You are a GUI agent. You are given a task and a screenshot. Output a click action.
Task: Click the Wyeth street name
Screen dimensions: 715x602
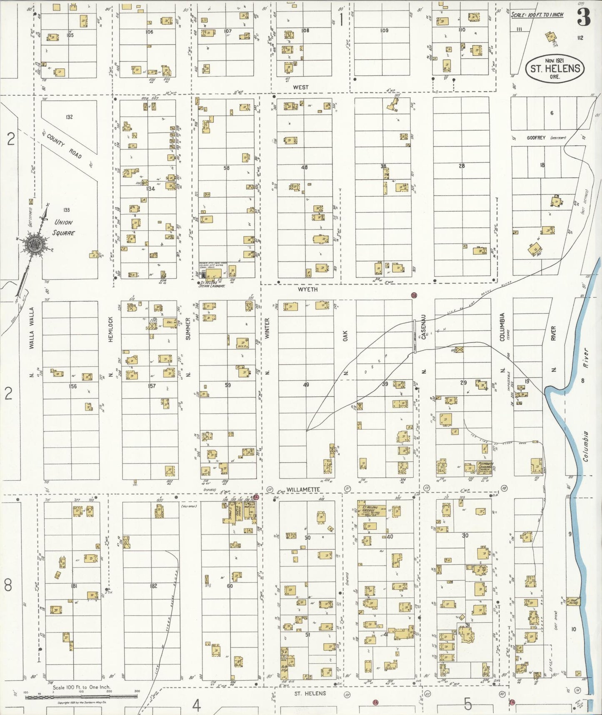(x=307, y=289)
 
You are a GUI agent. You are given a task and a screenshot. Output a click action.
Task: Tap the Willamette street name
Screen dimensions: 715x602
(x=303, y=489)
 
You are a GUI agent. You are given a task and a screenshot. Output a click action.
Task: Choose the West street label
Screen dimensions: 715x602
(x=300, y=87)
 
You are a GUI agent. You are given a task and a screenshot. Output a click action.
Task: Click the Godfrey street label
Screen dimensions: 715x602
(x=535, y=138)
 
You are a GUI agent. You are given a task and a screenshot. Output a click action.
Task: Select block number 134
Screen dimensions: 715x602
(x=150, y=189)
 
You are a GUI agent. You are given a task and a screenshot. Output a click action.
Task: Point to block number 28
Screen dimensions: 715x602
(x=461, y=166)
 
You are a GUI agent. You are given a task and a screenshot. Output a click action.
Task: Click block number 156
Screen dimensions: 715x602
(x=73, y=386)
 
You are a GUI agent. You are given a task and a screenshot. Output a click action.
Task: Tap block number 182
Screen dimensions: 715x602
(x=153, y=586)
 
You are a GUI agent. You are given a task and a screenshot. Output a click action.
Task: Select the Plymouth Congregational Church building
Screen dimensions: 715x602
(x=484, y=467)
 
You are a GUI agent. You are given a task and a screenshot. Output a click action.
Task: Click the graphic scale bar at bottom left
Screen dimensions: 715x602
(x=81, y=696)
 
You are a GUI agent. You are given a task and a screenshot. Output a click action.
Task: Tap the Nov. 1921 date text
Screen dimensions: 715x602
(x=554, y=60)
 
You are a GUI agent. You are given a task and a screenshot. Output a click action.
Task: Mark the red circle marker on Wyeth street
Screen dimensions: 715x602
(x=414, y=295)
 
